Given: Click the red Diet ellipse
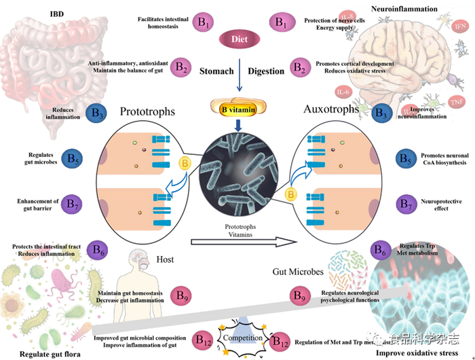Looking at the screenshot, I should (x=239, y=39).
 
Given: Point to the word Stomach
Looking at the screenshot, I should (x=216, y=71).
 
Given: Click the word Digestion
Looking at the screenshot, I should (x=266, y=71).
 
